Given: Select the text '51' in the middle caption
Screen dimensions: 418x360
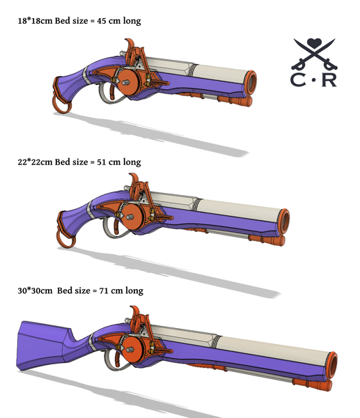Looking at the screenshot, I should pos(108,162).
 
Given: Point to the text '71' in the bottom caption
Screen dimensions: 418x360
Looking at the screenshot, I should pos(111,290).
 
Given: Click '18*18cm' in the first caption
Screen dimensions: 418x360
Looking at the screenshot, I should pos(35,21).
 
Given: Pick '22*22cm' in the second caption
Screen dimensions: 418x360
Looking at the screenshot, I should pos(36,162).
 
